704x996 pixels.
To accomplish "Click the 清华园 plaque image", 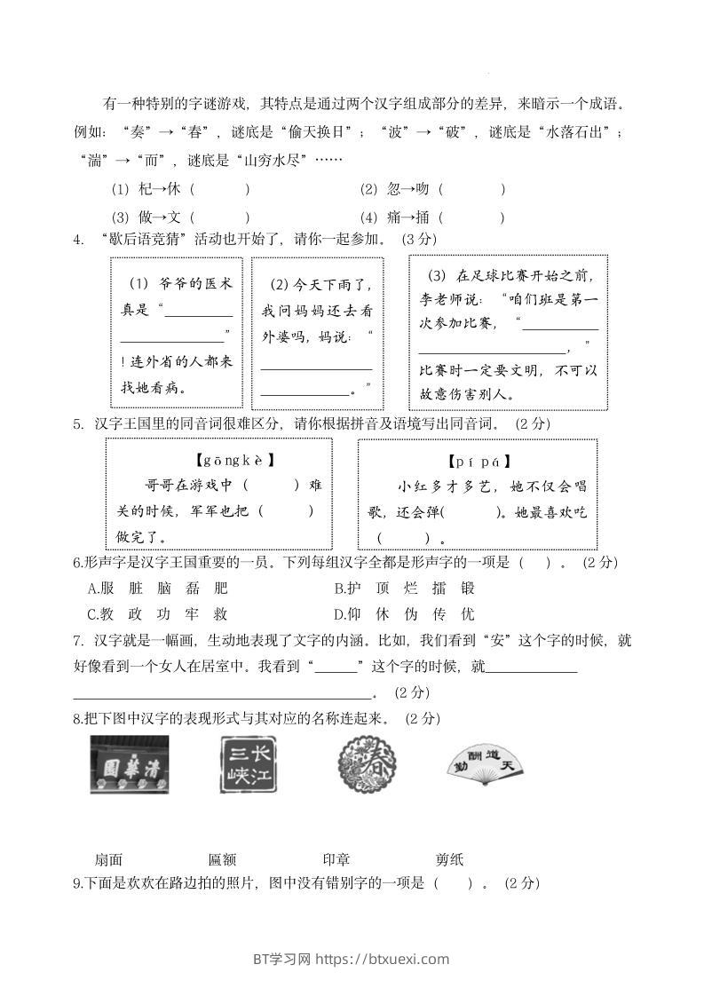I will point(130,764).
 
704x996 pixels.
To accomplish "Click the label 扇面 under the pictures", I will point(108,859).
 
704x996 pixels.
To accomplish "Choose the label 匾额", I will point(222,859).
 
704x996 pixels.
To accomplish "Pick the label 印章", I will point(336,859).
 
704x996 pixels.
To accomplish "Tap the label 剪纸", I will point(449,859).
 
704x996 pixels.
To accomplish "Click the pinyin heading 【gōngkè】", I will point(233,461).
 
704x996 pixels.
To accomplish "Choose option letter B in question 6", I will point(339,589).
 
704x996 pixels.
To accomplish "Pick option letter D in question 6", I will point(339,613).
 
